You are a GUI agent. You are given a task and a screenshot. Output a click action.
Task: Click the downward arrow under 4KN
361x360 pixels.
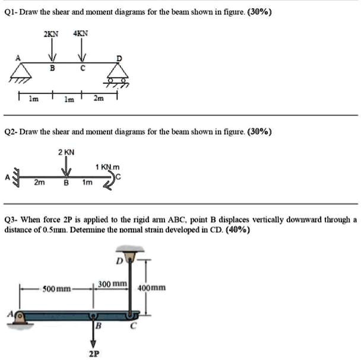pyautogui.click(x=80, y=52)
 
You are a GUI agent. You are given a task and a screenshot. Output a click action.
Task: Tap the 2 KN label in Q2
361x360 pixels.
pyautogui.click(x=66, y=153)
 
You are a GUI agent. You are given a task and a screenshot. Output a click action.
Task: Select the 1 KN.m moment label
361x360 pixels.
pyautogui.click(x=107, y=168)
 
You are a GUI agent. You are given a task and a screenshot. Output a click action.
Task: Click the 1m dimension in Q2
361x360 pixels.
pyautogui.click(x=87, y=183)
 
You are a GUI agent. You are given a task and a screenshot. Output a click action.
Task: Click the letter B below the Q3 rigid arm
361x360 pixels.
pyautogui.click(x=99, y=326)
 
